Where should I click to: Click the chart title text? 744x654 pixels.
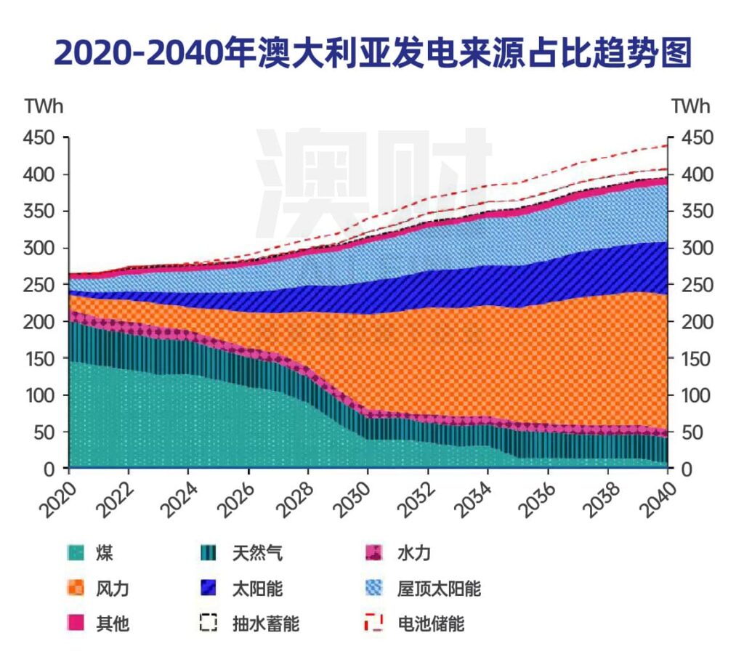click(x=372, y=54)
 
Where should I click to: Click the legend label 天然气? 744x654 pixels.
click(x=258, y=554)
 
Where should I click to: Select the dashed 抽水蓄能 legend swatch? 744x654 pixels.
click(x=209, y=623)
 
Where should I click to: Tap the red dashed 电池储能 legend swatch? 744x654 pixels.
click(x=374, y=623)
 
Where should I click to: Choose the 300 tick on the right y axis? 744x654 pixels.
click(x=698, y=248)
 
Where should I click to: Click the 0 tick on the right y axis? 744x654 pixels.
click(x=685, y=469)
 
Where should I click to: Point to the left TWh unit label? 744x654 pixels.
click(x=43, y=106)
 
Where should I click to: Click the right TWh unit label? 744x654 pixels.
click(x=691, y=106)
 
